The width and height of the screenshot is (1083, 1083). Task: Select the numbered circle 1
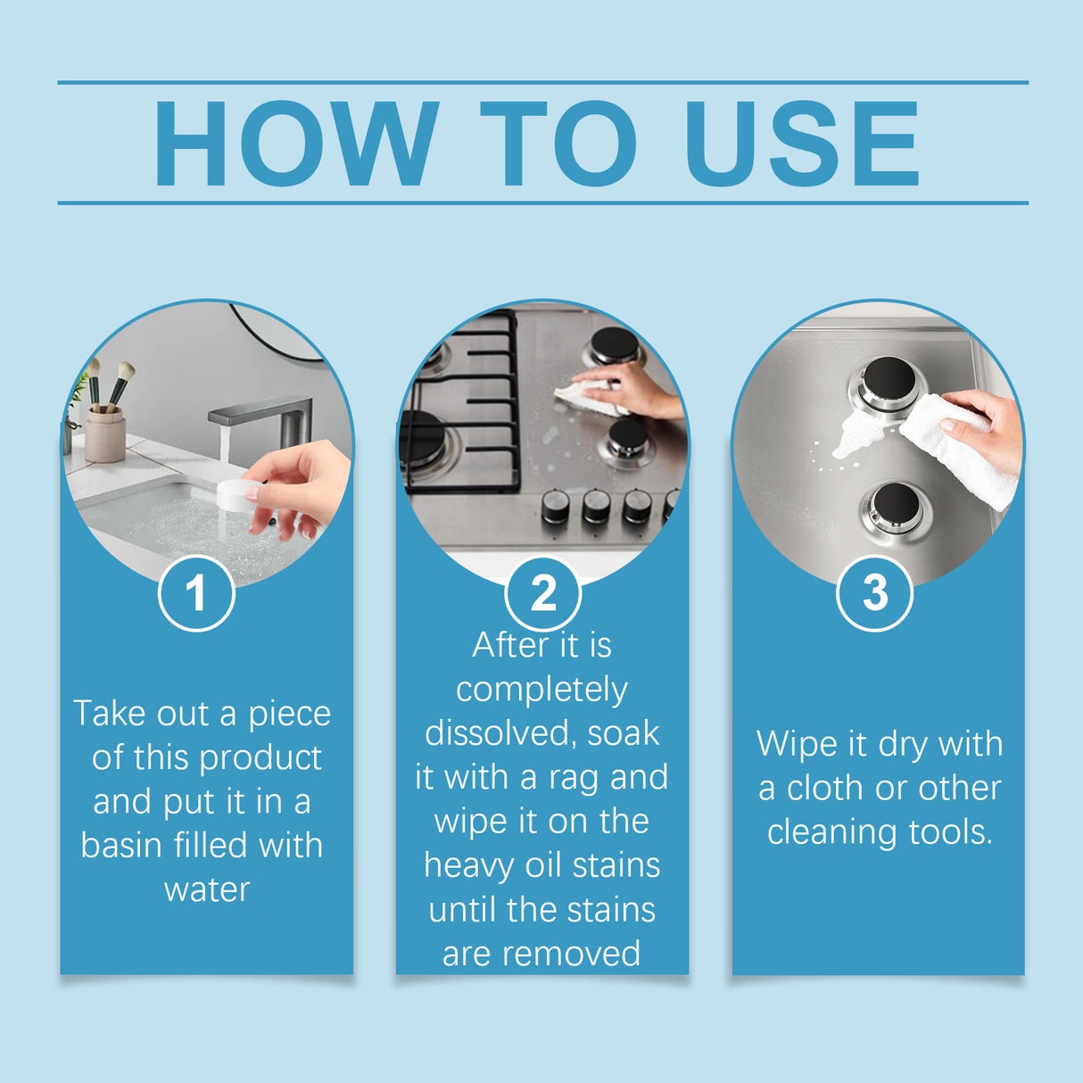[196, 593]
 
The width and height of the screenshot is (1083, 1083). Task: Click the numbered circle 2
[542, 593]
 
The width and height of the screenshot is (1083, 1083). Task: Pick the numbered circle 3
[875, 593]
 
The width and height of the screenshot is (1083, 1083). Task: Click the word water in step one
[207, 889]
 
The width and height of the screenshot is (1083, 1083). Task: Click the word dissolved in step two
[497, 733]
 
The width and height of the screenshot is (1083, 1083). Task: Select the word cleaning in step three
[831, 832]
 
